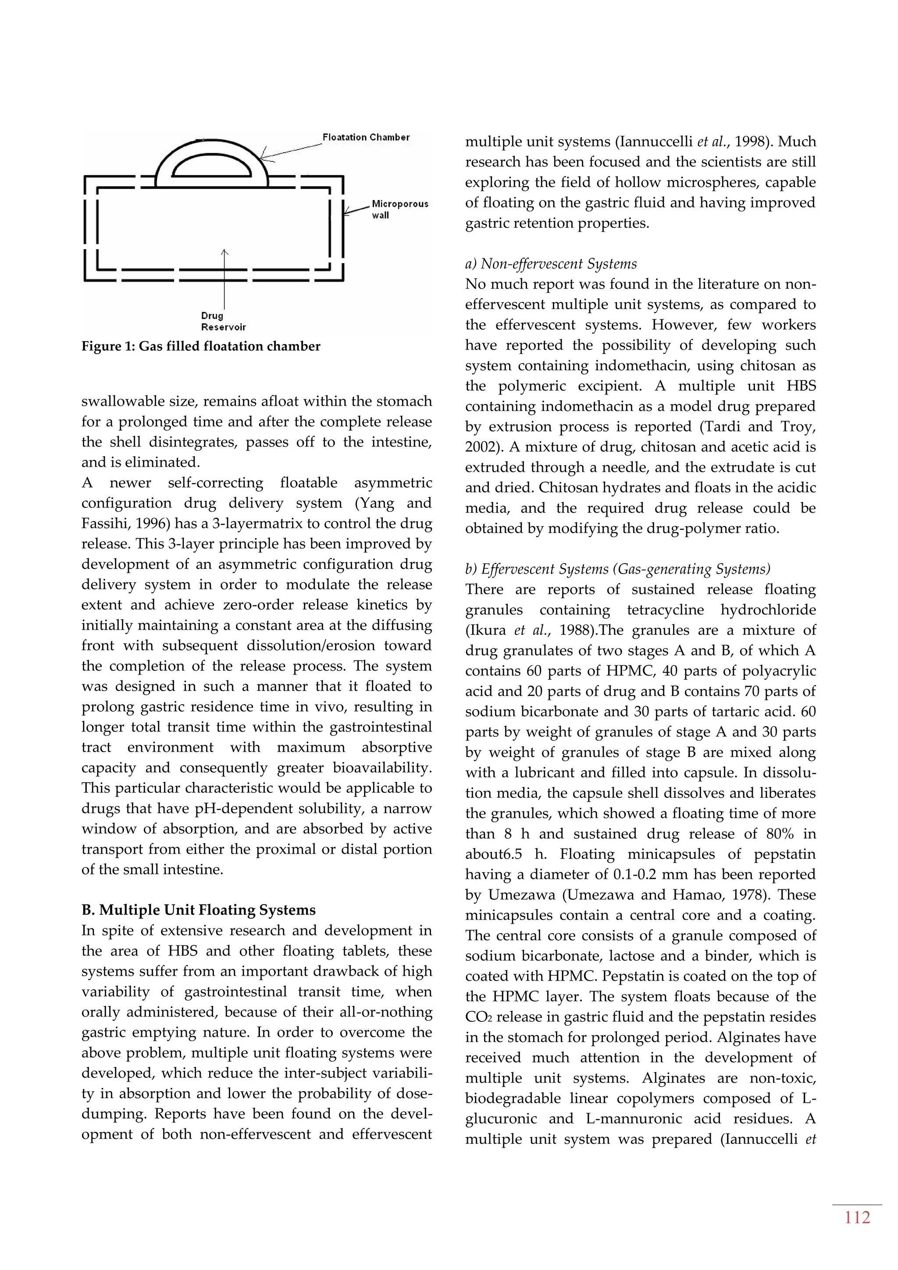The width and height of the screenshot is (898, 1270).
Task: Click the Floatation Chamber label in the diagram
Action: click(x=366, y=137)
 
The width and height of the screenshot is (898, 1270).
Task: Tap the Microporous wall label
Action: click(x=399, y=209)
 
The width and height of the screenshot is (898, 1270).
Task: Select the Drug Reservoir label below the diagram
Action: click(x=223, y=321)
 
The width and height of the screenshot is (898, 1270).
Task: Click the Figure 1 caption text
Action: click(x=201, y=346)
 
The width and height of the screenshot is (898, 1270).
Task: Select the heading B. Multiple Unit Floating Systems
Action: click(x=199, y=910)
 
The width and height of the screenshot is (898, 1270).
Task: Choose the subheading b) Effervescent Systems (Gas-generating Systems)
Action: click(x=618, y=569)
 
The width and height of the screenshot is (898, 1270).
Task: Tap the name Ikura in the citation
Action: click(x=487, y=630)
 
